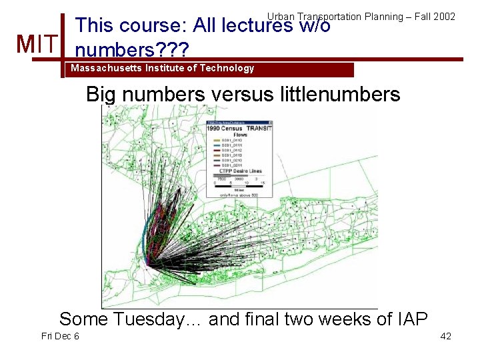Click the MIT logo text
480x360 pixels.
coord(37,45)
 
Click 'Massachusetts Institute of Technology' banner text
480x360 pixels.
coord(163,68)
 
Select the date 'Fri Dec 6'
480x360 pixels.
coord(60,336)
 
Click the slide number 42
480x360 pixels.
coord(446,336)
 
